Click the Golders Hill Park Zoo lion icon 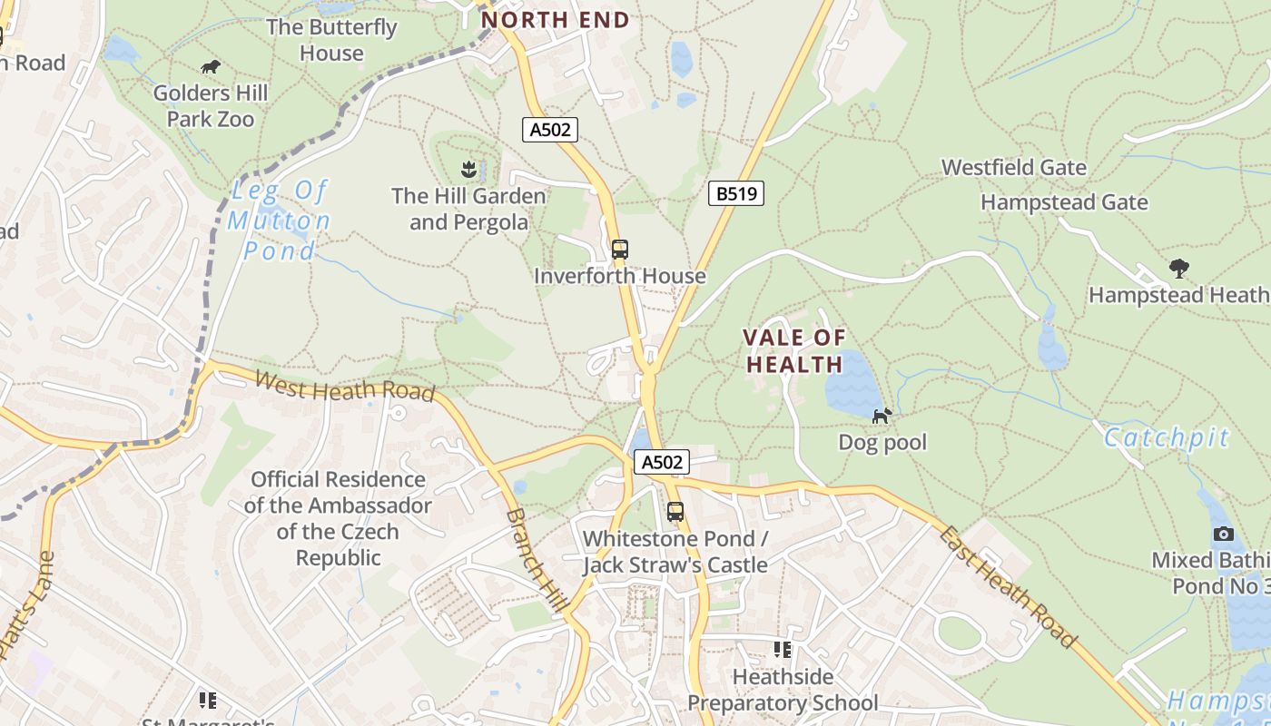pos(211,67)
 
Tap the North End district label pos(555,19)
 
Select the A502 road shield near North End pos(550,130)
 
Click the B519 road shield pos(735,193)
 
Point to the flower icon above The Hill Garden pos(468,169)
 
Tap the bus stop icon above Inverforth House pos(619,249)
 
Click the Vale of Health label pos(793,351)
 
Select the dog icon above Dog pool pos(882,416)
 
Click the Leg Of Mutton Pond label pos(279,220)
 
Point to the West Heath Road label pos(344,385)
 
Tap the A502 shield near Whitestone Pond pos(661,462)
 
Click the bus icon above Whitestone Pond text pos(675,511)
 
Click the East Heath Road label pos(1008,585)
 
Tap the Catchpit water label pos(1166,438)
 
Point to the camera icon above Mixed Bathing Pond pos(1224,534)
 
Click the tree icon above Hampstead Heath pos(1178,268)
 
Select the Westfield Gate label pos(1013,167)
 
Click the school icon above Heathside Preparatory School pos(782,649)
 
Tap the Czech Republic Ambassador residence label pos(337,518)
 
